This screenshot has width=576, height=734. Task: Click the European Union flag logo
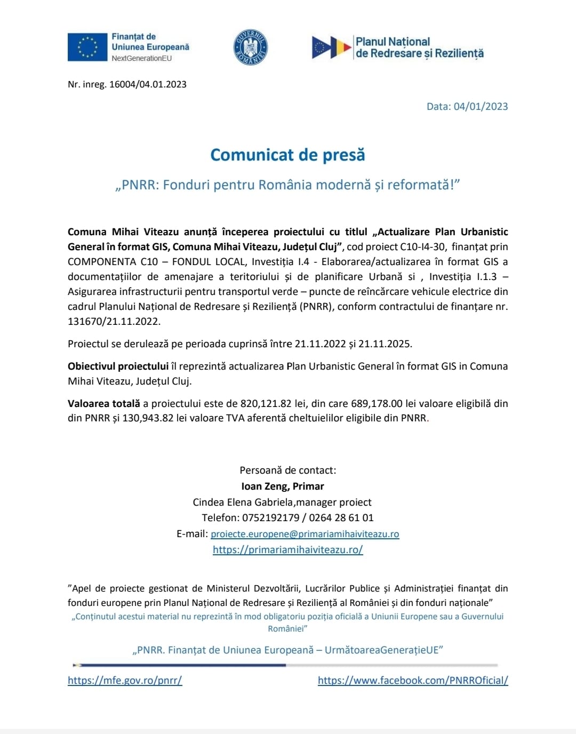tap(87, 47)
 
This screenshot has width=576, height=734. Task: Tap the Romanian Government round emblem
tap(251, 47)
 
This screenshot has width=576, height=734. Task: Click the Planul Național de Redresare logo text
tap(419, 47)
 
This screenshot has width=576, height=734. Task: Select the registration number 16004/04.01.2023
tap(148, 84)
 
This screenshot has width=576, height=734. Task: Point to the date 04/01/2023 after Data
tap(481, 106)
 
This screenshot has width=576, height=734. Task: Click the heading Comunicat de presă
tap(287, 155)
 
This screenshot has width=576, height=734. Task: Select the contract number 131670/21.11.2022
tap(114, 321)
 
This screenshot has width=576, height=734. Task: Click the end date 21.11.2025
tap(384, 344)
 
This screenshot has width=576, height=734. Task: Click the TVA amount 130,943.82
tap(148, 418)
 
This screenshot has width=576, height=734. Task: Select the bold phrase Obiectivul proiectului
tap(118, 366)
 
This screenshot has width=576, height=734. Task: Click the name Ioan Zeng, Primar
tap(283, 486)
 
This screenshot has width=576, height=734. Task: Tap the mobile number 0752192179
tap(270, 517)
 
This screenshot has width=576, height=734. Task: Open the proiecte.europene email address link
tap(305, 534)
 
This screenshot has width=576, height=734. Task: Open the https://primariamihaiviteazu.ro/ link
tap(287, 549)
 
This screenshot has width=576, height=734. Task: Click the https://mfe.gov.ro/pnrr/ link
tap(125, 680)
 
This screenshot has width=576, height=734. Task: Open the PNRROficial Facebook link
tap(413, 680)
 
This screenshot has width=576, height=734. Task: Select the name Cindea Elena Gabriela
tap(243, 502)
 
